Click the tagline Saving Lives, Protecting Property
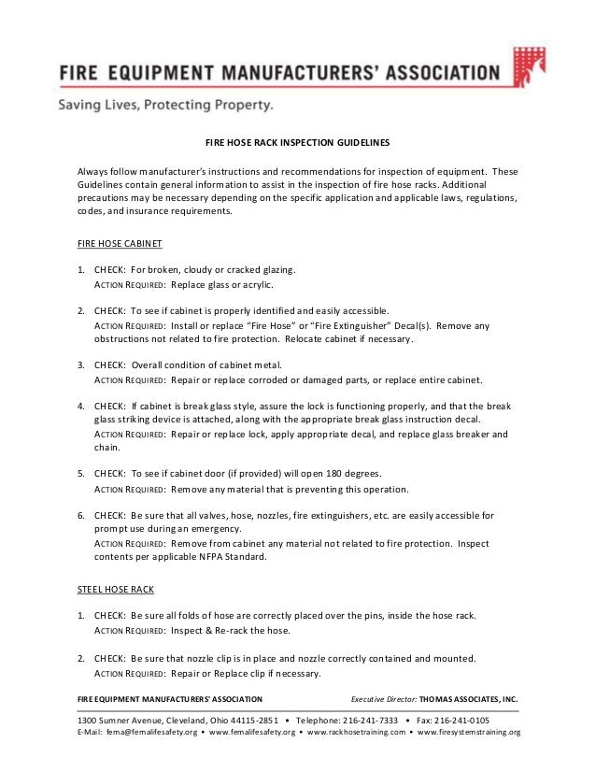pos(166,106)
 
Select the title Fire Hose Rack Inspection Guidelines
pos(297,144)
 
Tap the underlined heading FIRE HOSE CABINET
pos(119,243)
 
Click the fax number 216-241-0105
pos(457,721)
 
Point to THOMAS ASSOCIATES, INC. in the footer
pos(468,698)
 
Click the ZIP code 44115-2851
pos(245,721)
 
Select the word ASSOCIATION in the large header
pos(427,73)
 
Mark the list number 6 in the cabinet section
pos(80,515)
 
